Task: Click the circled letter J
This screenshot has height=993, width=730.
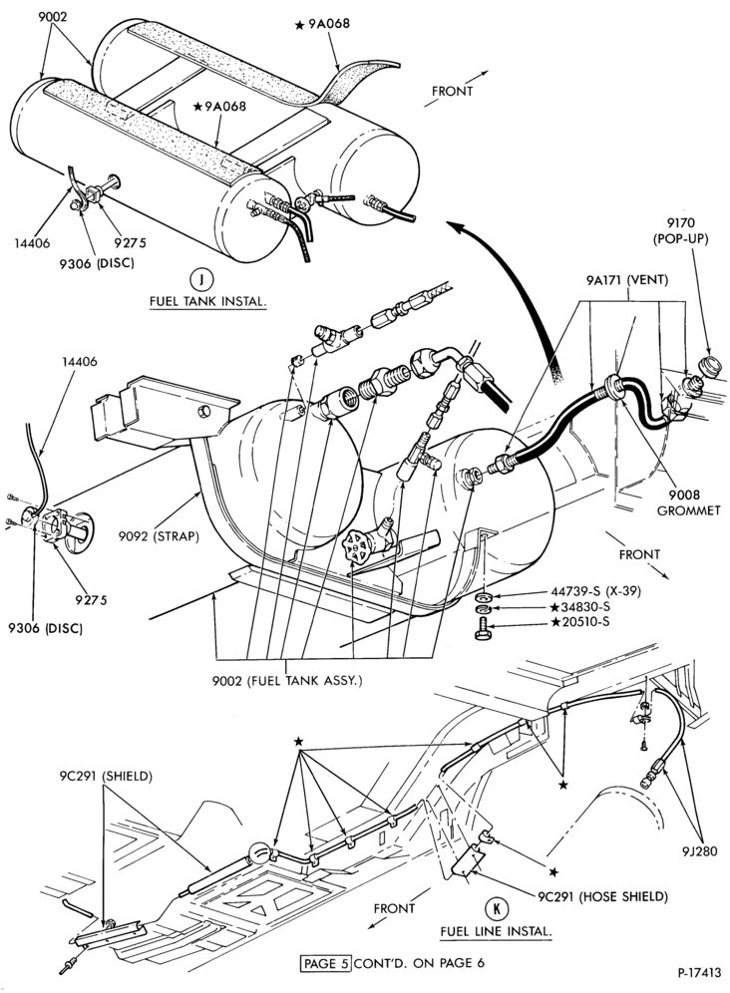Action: click(x=201, y=280)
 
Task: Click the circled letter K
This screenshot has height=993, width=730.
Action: click(x=496, y=909)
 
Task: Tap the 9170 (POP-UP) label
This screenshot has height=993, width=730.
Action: click(x=680, y=231)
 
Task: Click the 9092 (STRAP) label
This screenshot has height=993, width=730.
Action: click(x=159, y=536)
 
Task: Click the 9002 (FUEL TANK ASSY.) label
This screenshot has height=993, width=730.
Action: click(x=287, y=681)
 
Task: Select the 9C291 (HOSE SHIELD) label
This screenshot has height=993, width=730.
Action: click(x=602, y=896)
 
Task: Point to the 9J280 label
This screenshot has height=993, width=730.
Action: click(x=700, y=851)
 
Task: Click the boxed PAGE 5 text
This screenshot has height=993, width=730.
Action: click(x=326, y=963)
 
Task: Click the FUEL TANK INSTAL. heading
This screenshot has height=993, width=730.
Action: click(x=207, y=301)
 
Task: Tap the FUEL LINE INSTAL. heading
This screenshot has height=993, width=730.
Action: click(x=497, y=931)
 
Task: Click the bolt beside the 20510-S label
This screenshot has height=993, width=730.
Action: click(x=483, y=630)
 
